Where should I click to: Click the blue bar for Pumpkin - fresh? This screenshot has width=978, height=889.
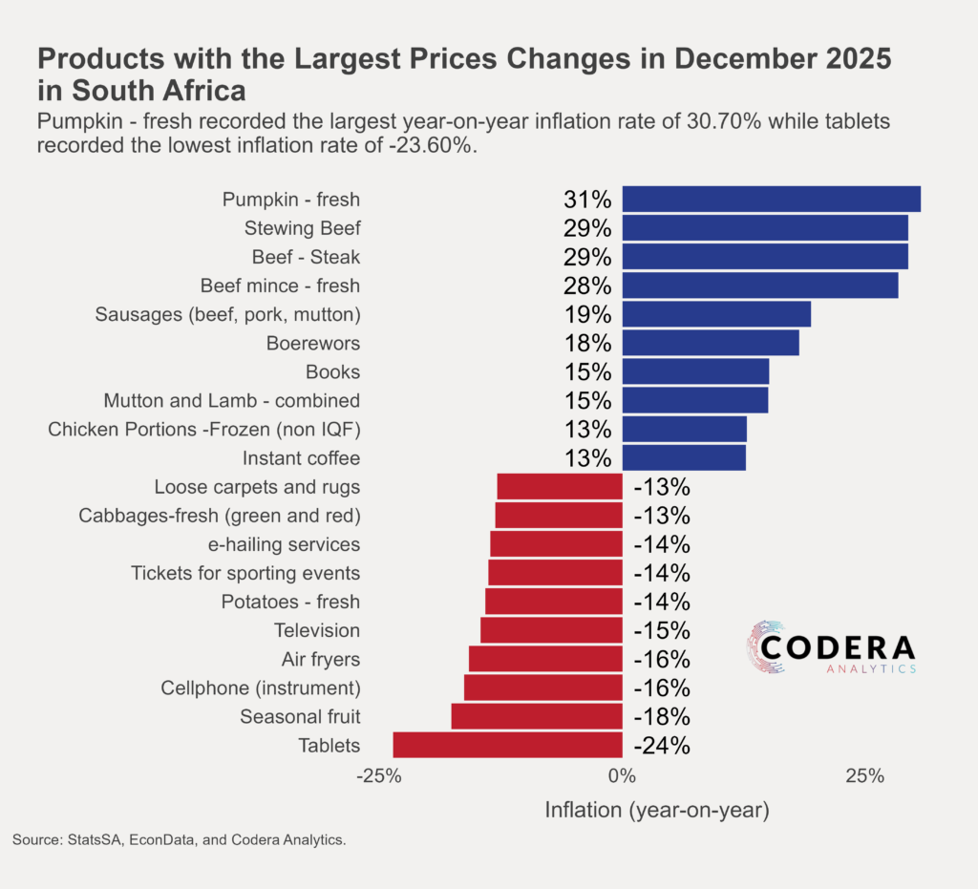pos(771,199)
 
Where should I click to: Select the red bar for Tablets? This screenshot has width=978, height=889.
pos(507,745)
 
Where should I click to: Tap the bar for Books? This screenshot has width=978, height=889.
pos(695,371)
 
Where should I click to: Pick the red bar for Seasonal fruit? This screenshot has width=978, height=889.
pos(537,716)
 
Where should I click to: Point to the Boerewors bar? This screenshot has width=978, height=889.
pos(711,343)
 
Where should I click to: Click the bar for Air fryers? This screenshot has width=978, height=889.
pos(545,659)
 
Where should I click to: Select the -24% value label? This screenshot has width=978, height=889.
pos(662,746)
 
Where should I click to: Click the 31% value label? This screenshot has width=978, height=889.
pos(586,200)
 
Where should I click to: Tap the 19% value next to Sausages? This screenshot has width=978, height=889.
pos(586,314)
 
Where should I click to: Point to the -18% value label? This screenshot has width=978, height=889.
pos(662,717)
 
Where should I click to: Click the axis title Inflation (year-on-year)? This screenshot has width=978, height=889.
pos(656,811)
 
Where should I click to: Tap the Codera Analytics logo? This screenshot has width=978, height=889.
pos(832,648)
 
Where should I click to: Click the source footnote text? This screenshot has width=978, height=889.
pos(179,840)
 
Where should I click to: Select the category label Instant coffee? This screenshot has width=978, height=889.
pos(301,458)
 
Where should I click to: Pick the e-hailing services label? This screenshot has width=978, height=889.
pos(284,544)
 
